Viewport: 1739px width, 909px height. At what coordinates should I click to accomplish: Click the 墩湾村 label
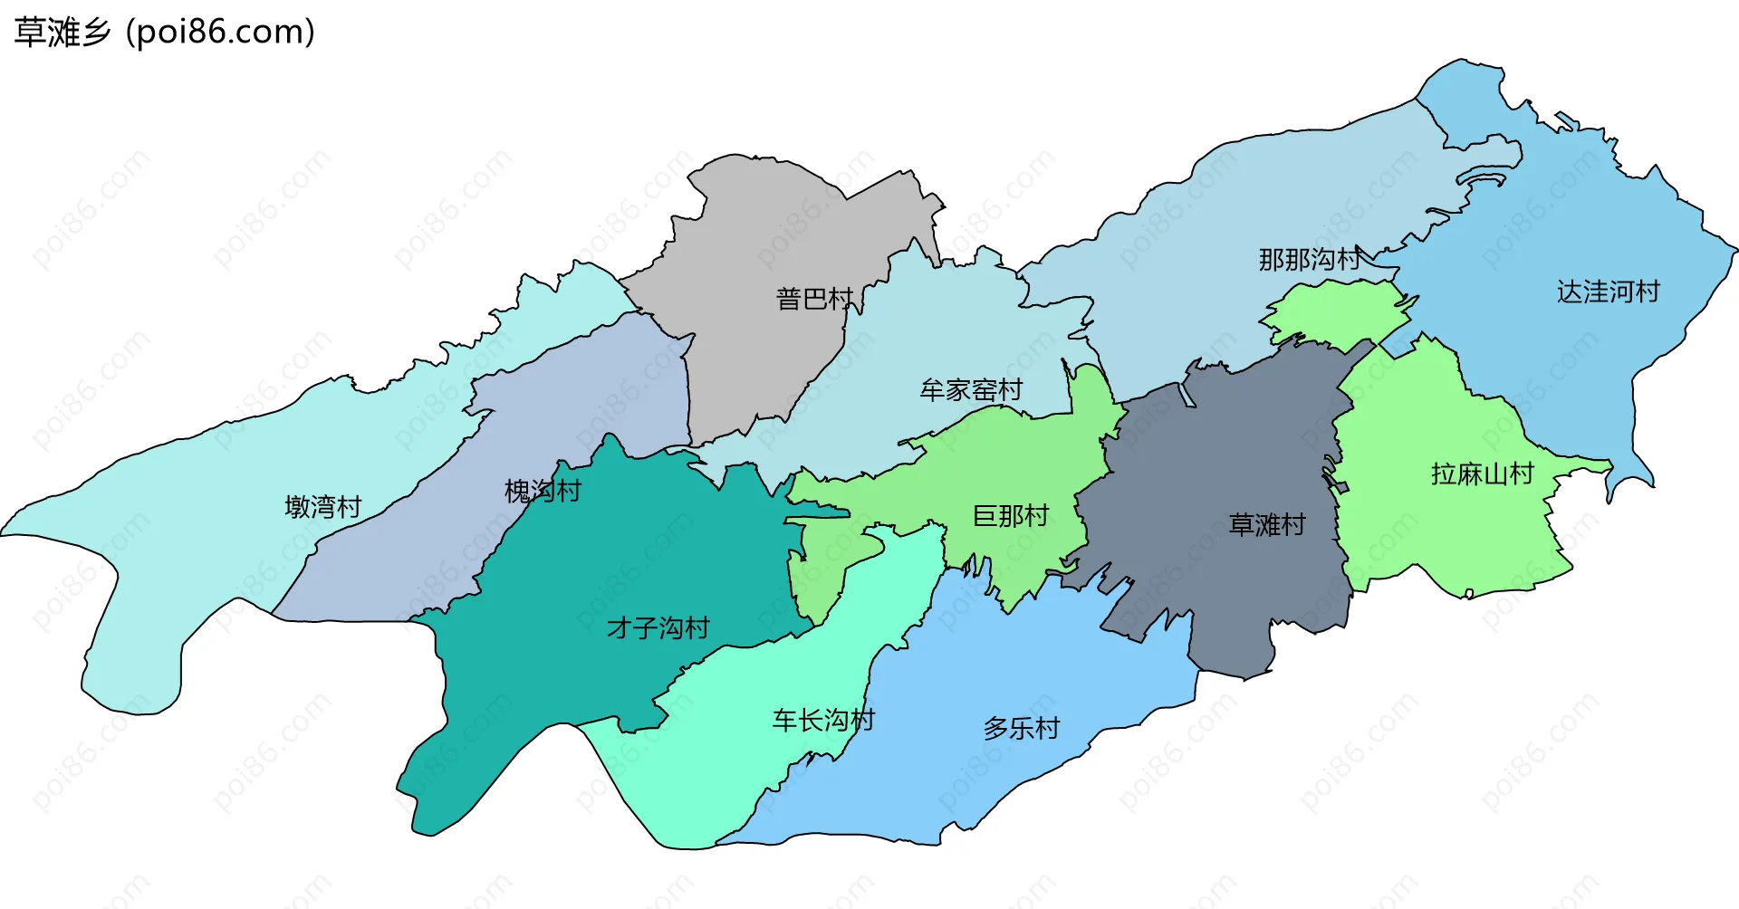click(322, 506)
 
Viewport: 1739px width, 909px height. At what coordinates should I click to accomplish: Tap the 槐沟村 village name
click(542, 491)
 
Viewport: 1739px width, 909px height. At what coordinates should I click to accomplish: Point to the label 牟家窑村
click(971, 389)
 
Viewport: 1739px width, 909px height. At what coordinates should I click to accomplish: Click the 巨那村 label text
click(1010, 515)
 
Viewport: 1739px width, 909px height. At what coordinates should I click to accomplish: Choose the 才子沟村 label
click(658, 627)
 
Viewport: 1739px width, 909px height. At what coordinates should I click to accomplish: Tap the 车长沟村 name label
click(822, 720)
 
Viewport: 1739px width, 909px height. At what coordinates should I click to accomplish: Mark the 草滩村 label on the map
click(1266, 524)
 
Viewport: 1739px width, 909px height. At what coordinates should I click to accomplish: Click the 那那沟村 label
click(1309, 259)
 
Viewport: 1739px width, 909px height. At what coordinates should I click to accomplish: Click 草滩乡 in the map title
click(62, 32)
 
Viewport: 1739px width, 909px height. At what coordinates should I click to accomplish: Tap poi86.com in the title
click(220, 32)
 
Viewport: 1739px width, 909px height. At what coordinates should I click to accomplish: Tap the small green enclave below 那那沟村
click(1336, 312)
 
